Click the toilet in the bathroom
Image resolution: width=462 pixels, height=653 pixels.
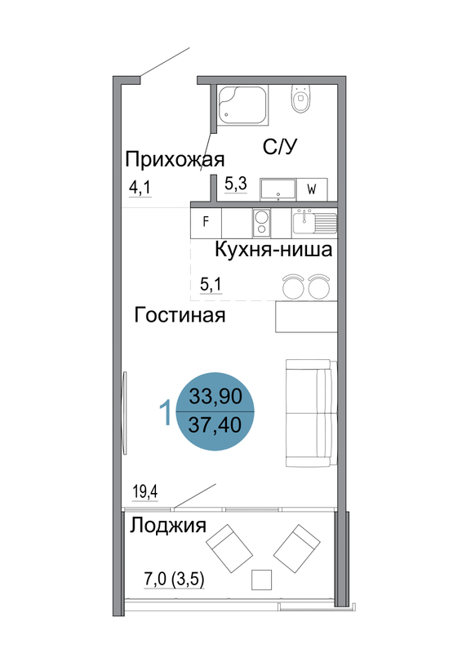click(x=300, y=98)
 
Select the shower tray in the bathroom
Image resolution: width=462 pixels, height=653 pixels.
click(x=242, y=104)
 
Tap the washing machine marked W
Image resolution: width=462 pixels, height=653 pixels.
click(x=312, y=189)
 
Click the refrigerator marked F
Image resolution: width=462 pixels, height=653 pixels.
click(x=206, y=222)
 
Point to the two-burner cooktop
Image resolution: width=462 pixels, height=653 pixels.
click(x=261, y=222)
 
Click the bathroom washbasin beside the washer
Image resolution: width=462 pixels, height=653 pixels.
click(x=278, y=189)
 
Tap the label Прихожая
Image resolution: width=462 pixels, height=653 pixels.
click(x=175, y=159)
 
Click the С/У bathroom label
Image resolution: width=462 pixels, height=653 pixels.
click(x=280, y=147)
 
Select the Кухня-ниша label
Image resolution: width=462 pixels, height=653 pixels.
click(x=273, y=250)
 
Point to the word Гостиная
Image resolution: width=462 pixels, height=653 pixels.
click(x=180, y=315)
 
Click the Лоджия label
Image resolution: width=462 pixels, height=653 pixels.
click(x=168, y=526)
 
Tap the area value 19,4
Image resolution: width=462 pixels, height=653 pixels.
click(x=145, y=492)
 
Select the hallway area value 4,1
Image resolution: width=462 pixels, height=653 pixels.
click(x=140, y=188)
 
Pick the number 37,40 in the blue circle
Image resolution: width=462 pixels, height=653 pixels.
click(x=215, y=425)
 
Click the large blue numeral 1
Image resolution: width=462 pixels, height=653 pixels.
click(x=166, y=412)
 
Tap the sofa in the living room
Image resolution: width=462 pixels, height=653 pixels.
click(x=311, y=413)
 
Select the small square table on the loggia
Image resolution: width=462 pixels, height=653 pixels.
click(x=262, y=580)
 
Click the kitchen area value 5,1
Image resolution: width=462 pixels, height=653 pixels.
click(x=211, y=285)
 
